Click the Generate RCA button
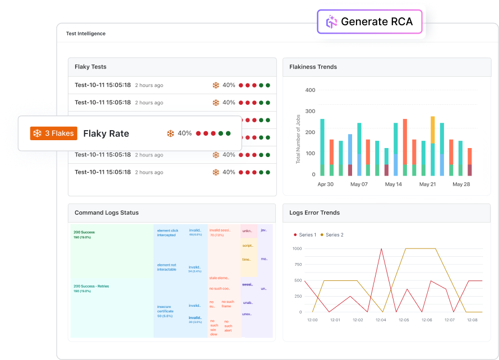tap(369, 22)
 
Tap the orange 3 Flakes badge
tap(54, 133)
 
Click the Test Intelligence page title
tap(86, 34)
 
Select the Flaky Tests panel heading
tap(90, 67)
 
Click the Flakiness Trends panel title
tap(313, 67)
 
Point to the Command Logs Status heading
tap(107, 213)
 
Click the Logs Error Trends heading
tap(315, 213)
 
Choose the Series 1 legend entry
tap(304, 235)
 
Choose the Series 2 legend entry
tap(331, 235)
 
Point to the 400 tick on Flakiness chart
tap(309, 90)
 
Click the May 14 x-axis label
tap(392, 184)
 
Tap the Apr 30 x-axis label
tap(326, 184)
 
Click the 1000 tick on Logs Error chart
tap(297, 248)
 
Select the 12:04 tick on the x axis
tap(381, 320)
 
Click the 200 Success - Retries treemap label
tap(91, 286)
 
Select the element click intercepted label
tap(167, 233)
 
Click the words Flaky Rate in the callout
tap(106, 133)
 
